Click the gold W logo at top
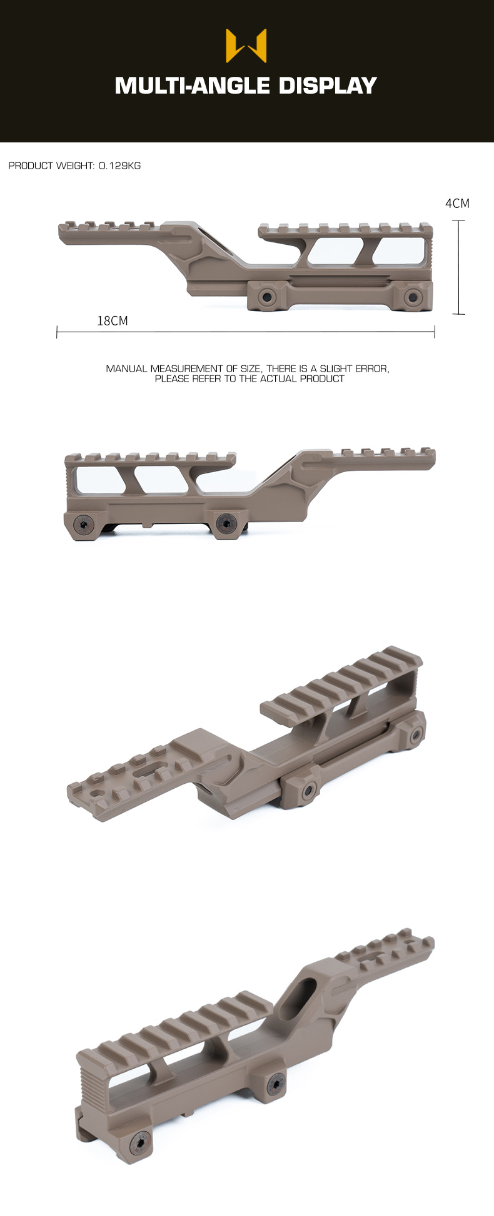click(x=246, y=46)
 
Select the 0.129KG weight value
click(x=120, y=166)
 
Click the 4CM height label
click(x=457, y=204)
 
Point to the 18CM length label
click(x=113, y=321)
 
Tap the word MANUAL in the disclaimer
click(x=126, y=368)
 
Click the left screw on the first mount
click(x=269, y=297)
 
